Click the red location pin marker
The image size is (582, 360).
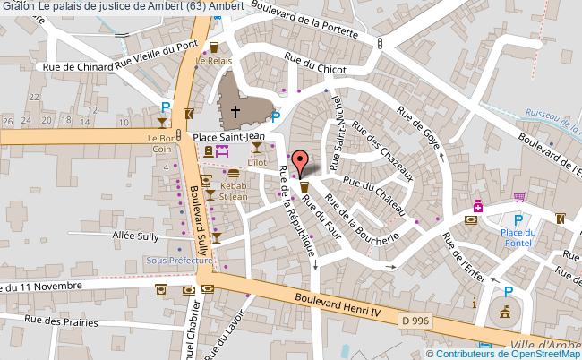[x=302, y=163]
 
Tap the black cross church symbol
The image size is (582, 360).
[x=235, y=113]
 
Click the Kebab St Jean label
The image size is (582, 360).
[x=234, y=189]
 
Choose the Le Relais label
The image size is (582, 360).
[x=214, y=63]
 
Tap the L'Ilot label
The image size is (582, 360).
[x=258, y=162]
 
